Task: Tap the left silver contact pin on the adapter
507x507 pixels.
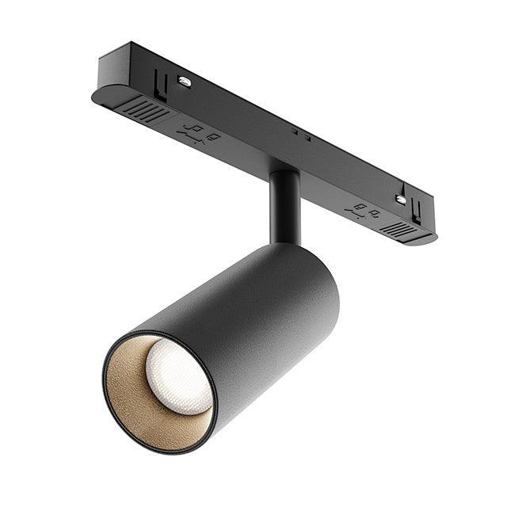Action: point(184,81)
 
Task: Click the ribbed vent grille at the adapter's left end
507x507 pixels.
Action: point(147,111)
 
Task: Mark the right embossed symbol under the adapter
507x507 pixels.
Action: point(363,211)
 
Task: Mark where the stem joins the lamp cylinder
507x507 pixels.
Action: point(285,242)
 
